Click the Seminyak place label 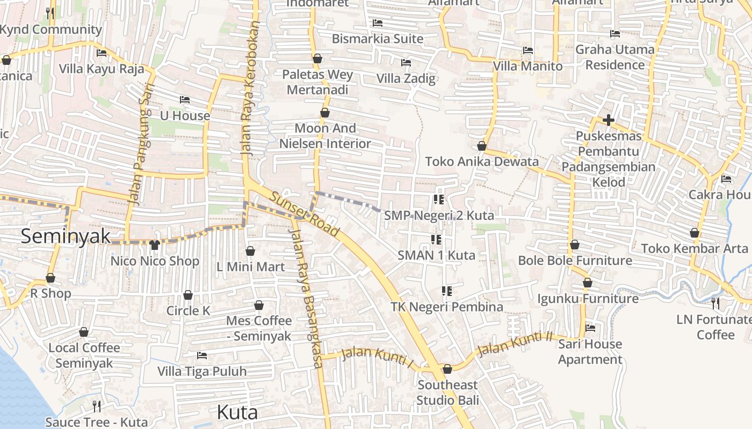pos(66,236)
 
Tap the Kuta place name pos(237,412)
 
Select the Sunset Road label pos(305,214)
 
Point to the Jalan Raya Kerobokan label pos(250,88)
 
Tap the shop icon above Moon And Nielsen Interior pos(324,113)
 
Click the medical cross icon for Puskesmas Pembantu pos(608,120)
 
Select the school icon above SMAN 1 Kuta pos(436,239)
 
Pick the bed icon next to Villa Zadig pos(406,63)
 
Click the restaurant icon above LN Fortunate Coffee pos(715,304)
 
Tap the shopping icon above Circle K pos(188,295)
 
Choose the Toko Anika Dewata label pos(482,161)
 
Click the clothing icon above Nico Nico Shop pos(155,245)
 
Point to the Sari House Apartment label pos(590,352)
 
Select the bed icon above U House pos(185,100)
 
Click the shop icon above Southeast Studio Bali pos(447,369)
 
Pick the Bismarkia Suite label pos(377,39)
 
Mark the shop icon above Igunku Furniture pos(588,283)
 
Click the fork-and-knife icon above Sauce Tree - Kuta pos(97,406)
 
